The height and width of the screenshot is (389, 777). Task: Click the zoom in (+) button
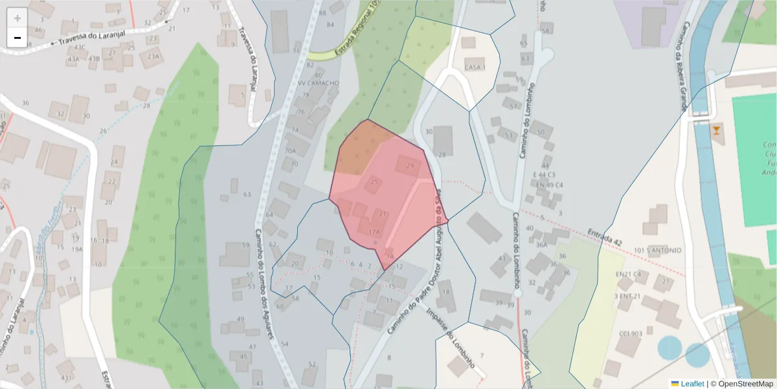tap(17, 18)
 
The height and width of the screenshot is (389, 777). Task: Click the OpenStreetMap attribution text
tap(745, 384)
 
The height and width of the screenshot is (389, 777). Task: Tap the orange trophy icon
tap(716, 131)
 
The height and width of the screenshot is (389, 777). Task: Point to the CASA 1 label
tap(475, 67)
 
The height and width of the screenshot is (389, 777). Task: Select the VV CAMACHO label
tap(318, 83)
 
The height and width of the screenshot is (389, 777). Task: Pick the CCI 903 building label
tap(630, 334)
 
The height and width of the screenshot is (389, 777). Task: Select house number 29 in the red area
tap(409, 166)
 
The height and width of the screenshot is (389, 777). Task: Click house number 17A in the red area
tap(374, 231)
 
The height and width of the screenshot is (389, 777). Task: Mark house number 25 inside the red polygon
tap(374, 182)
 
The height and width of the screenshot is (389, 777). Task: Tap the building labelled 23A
tap(153, 56)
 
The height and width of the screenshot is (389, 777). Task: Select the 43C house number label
tap(80, 47)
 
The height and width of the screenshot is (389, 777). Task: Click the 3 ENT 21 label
tap(627, 296)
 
